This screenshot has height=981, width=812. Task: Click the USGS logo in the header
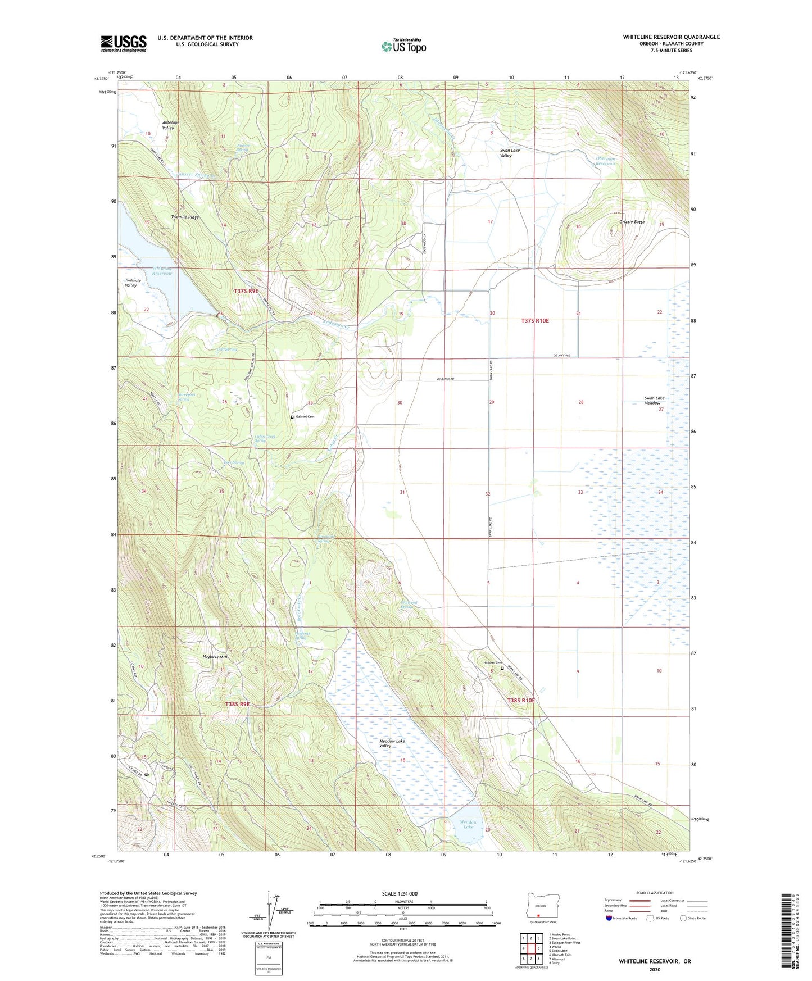[124, 43]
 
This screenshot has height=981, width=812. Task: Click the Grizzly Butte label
[632, 222]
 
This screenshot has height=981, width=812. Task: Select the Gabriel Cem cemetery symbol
[292, 417]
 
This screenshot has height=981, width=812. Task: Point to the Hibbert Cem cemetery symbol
[502, 669]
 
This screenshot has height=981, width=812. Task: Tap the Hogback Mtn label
[215, 657]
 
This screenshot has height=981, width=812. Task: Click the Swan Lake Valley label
[506, 153]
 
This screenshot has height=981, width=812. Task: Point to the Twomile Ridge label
[185, 217]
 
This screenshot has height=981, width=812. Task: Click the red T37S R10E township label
[534, 321]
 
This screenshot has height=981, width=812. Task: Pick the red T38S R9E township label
[237, 703]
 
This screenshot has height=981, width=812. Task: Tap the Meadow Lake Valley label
[392, 743]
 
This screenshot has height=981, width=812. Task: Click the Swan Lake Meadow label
[654, 401]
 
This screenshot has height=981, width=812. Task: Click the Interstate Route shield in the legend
[609, 919]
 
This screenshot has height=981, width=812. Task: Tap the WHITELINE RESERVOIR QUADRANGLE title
[671, 37]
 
